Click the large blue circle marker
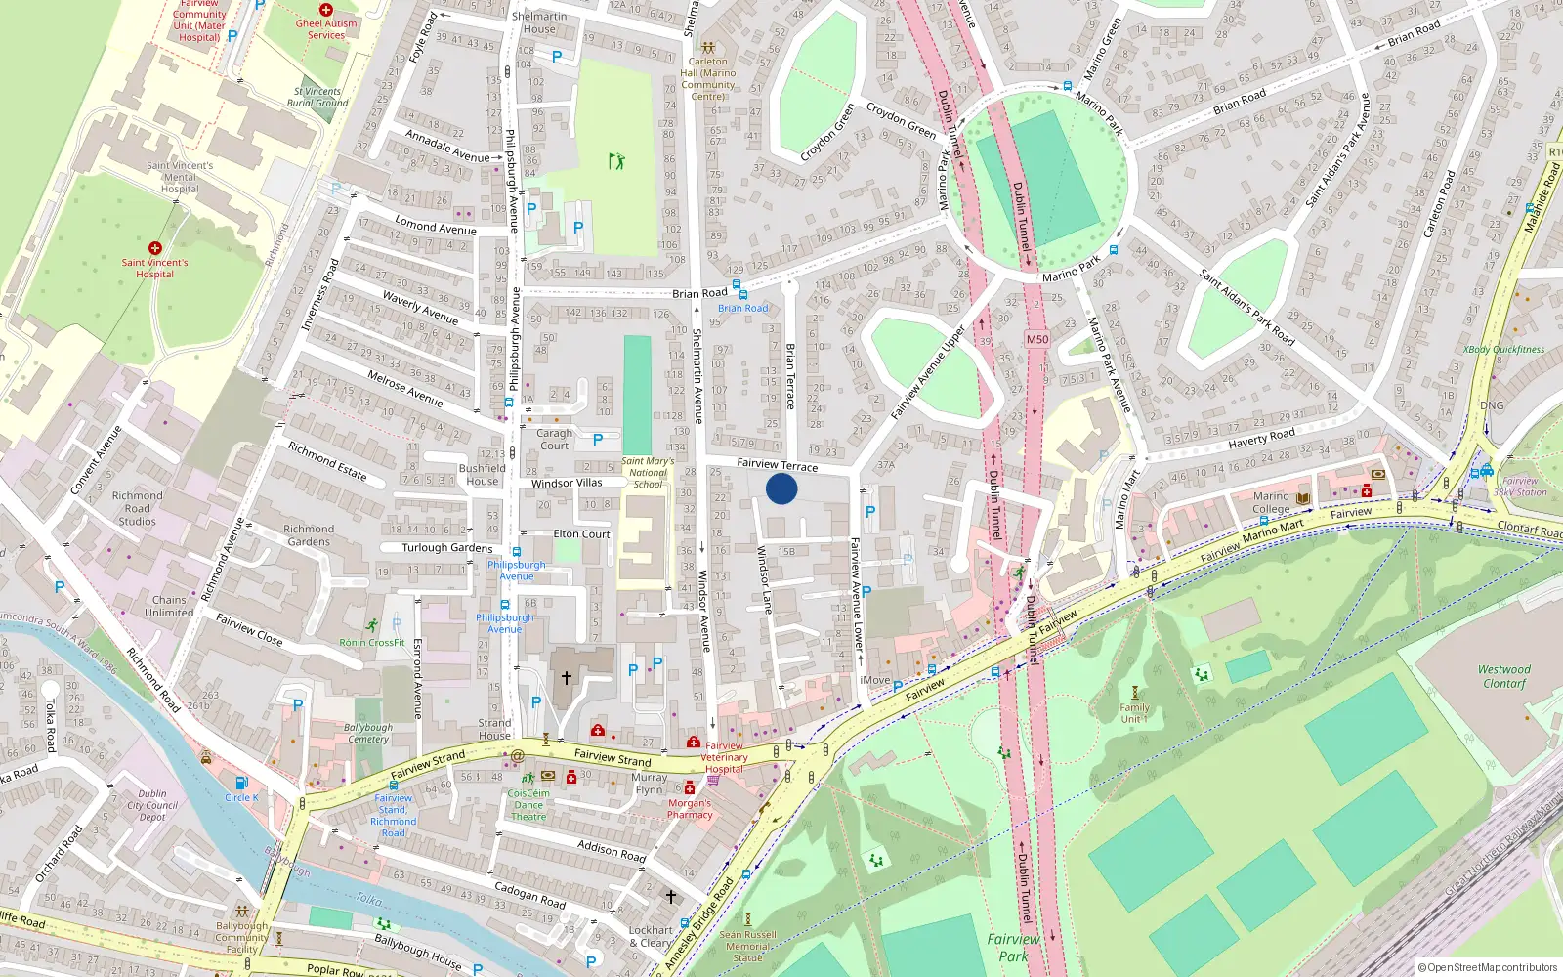(x=781, y=488)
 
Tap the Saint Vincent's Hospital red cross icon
(x=154, y=248)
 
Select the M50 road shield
(x=1036, y=339)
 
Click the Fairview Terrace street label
(x=777, y=465)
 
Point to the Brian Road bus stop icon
(x=739, y=294)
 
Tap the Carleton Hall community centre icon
(x=708, y=47)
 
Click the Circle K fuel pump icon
(x=241, y=784)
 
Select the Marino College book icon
(x=1303, y=498)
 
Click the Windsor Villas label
(x=567, y=484)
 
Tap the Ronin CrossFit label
(x=371, y=642)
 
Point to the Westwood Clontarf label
(x=1503, y=676)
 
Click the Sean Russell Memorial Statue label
(x=747, y=946)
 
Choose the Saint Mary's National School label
(x=648, y=473)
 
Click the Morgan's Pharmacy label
(x=690, y=809)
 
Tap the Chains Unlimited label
(x=169, y=606)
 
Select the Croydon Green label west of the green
(x=826, y=133)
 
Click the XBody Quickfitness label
(x=1503, y=349)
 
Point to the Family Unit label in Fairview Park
(x=1134, y=713)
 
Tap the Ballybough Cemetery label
(x=368, y=733)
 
